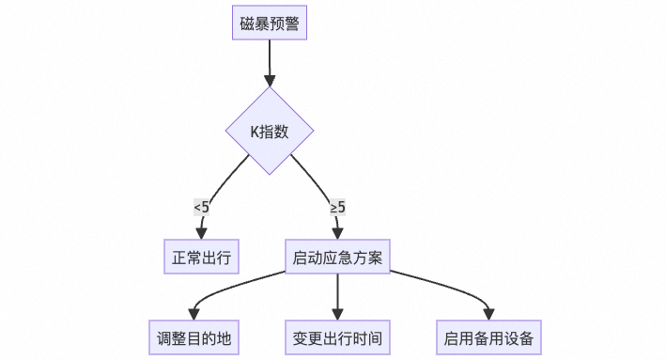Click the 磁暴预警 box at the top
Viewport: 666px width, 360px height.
pos(270,23)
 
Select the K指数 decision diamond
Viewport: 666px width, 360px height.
pos(270,131)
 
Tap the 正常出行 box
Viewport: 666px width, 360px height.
pos(200,257)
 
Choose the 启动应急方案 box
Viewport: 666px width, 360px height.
pos(337,257)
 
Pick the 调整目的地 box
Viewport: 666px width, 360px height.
pos(194,337)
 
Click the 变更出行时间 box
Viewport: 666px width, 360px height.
pos(337,337)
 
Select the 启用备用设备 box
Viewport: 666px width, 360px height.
pos(490,337)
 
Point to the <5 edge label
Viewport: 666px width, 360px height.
pos(201,206)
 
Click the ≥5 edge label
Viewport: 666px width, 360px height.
pos(337,206)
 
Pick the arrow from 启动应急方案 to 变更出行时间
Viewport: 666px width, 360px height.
pos(337,293)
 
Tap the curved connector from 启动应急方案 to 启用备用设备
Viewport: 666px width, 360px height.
pos(451,288)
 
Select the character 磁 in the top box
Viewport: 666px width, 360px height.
pos(247,23)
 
